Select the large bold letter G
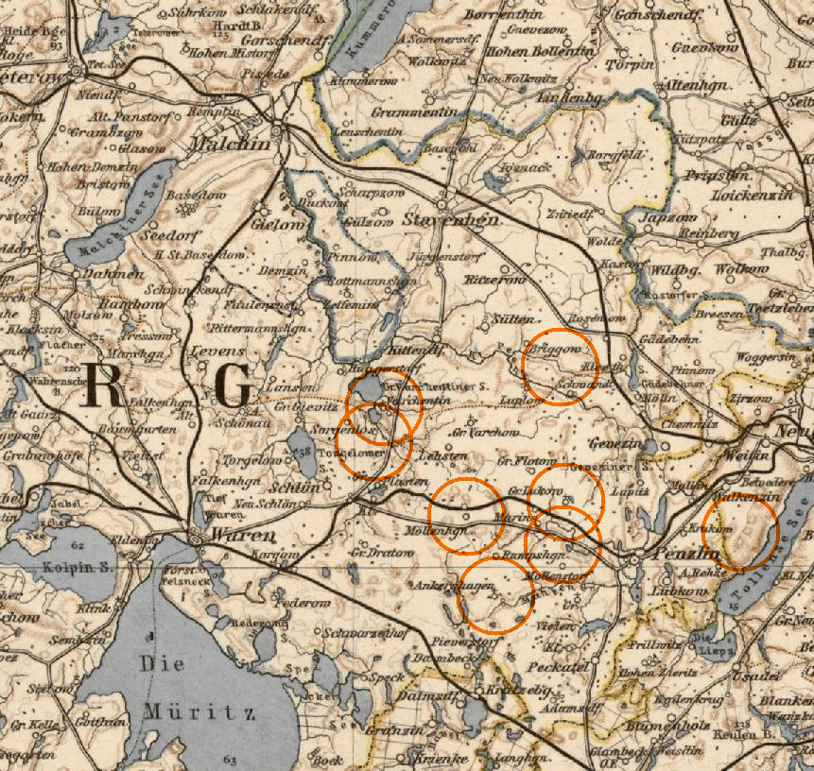232,385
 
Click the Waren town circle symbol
196,538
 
